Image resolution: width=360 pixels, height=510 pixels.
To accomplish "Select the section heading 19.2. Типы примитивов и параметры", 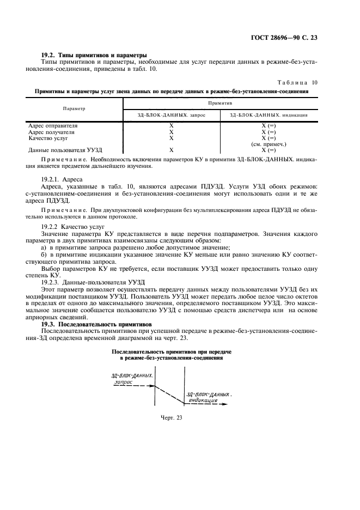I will [x=94, y=55].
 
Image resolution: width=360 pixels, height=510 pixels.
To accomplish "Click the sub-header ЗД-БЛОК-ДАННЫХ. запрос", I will [x=171, y=115].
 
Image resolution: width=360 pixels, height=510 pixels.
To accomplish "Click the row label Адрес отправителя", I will [x=53, y=125].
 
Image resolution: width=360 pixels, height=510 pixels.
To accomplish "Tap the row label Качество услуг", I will [x=48, y=138].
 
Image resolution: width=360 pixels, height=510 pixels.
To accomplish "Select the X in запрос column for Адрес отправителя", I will [x=171, y=125].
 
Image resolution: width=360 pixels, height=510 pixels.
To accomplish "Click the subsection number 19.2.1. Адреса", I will [x=63, y=179].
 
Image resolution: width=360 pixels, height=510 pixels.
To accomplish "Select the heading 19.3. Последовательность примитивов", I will [x=100, y=324].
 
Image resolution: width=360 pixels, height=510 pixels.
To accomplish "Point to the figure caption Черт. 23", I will [x=170, y=418].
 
